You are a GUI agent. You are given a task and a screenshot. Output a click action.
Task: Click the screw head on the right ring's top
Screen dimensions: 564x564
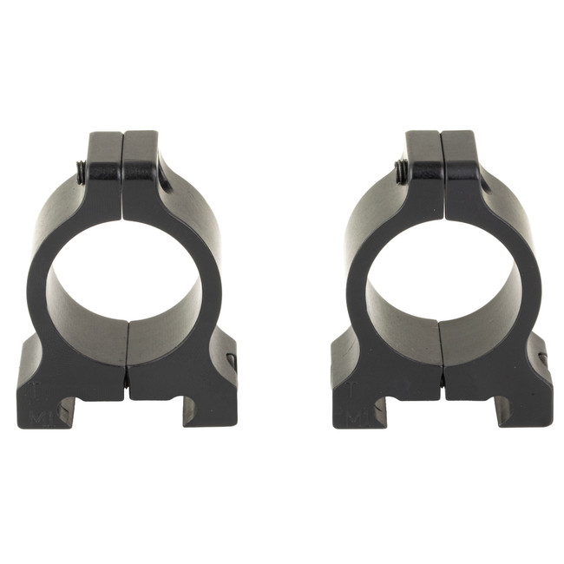[x=401, y=170]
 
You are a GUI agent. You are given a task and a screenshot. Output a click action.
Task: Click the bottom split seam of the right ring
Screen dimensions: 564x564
[x=443, y=356]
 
